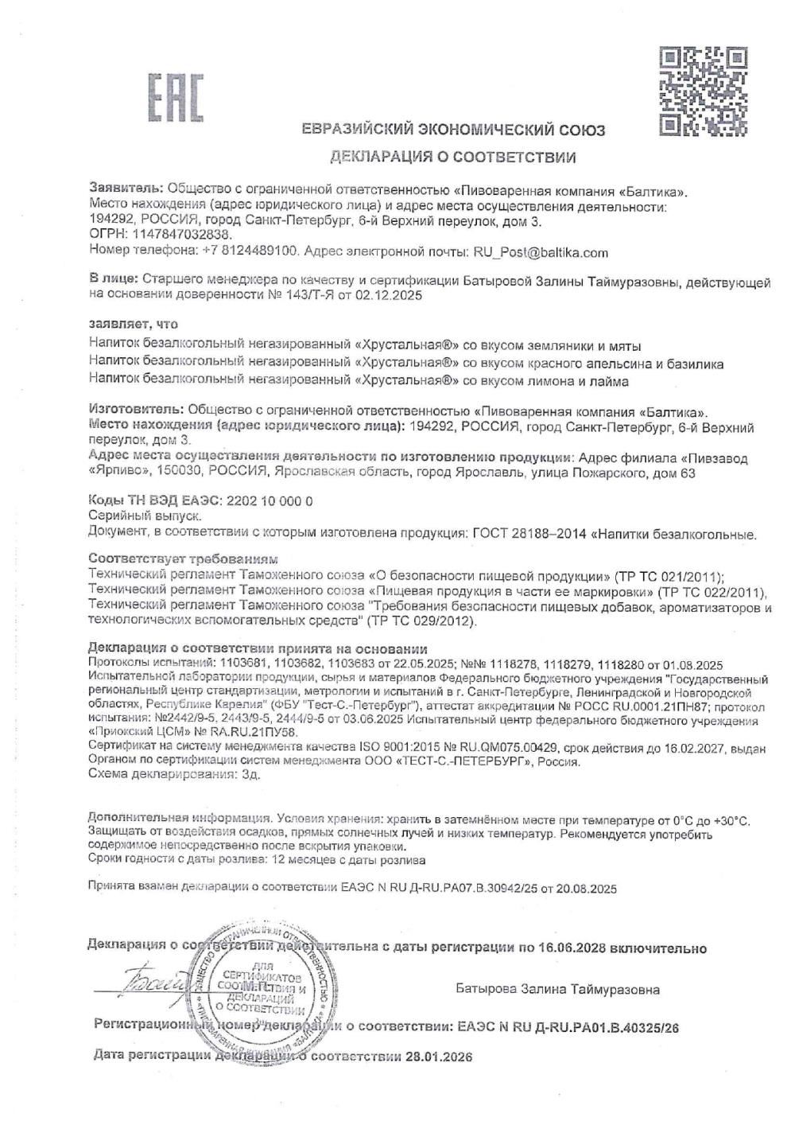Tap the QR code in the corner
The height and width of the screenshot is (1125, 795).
704,90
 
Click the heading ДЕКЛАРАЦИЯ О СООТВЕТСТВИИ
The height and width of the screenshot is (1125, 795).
452,157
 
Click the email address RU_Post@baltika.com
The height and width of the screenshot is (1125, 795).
541,252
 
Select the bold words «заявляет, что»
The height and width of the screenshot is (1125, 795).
134,325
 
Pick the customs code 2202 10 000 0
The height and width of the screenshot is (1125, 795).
270,501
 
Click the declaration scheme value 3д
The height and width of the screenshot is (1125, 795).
251,775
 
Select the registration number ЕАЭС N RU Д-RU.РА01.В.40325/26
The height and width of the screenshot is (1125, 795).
569,1027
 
